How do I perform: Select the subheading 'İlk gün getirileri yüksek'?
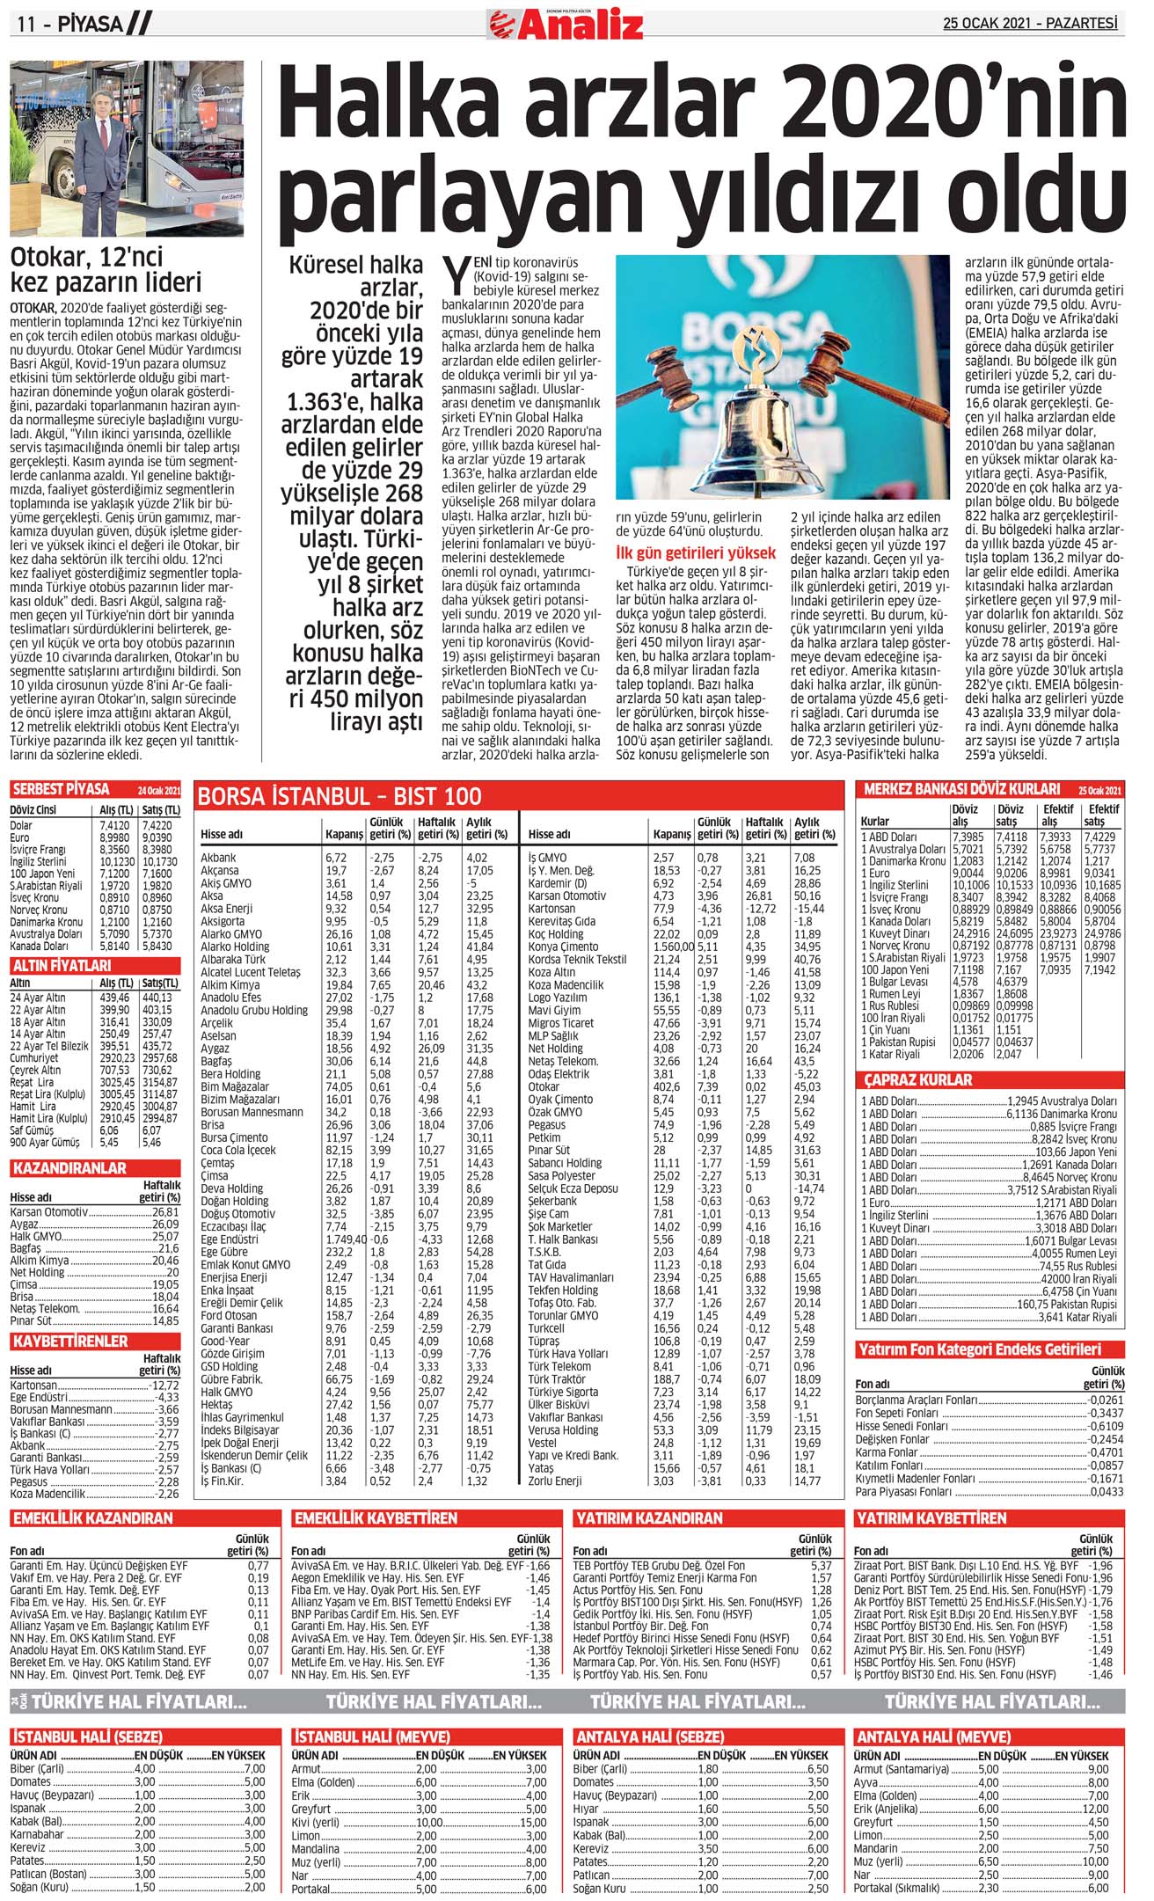point(696,553)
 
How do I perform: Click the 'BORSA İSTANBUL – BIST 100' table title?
point(340,796)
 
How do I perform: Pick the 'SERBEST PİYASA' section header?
point(61,789)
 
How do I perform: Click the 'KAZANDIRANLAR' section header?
point(69,1168)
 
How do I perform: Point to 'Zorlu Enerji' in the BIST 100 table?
point(555,1481)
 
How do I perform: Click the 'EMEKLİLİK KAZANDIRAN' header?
point(91,1518)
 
